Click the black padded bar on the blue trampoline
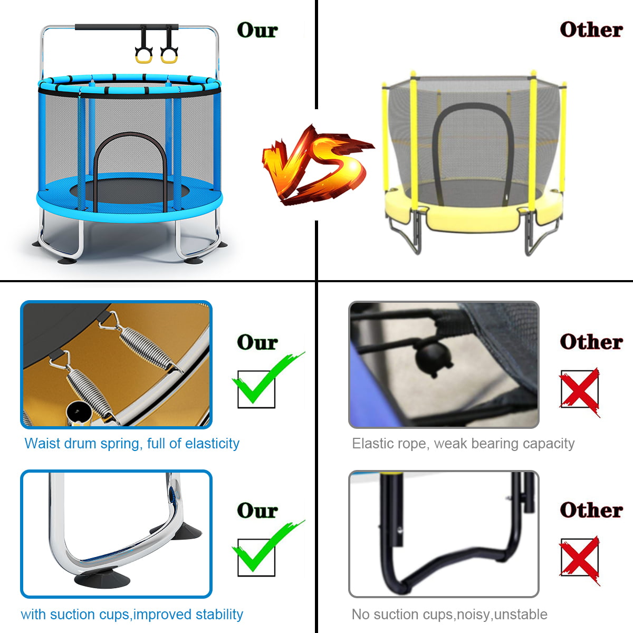pos(127,26)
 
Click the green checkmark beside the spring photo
pos(268,378)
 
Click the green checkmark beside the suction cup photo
pos(268,546)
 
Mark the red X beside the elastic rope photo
pos(580,391)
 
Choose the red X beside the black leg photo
pos(580,559)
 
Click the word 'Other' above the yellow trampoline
pos(591,30)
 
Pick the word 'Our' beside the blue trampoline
pos(257,30)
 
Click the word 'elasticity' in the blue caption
pos(212,444)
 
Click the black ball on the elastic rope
pos(433,357)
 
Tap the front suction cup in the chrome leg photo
pos(102,580)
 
